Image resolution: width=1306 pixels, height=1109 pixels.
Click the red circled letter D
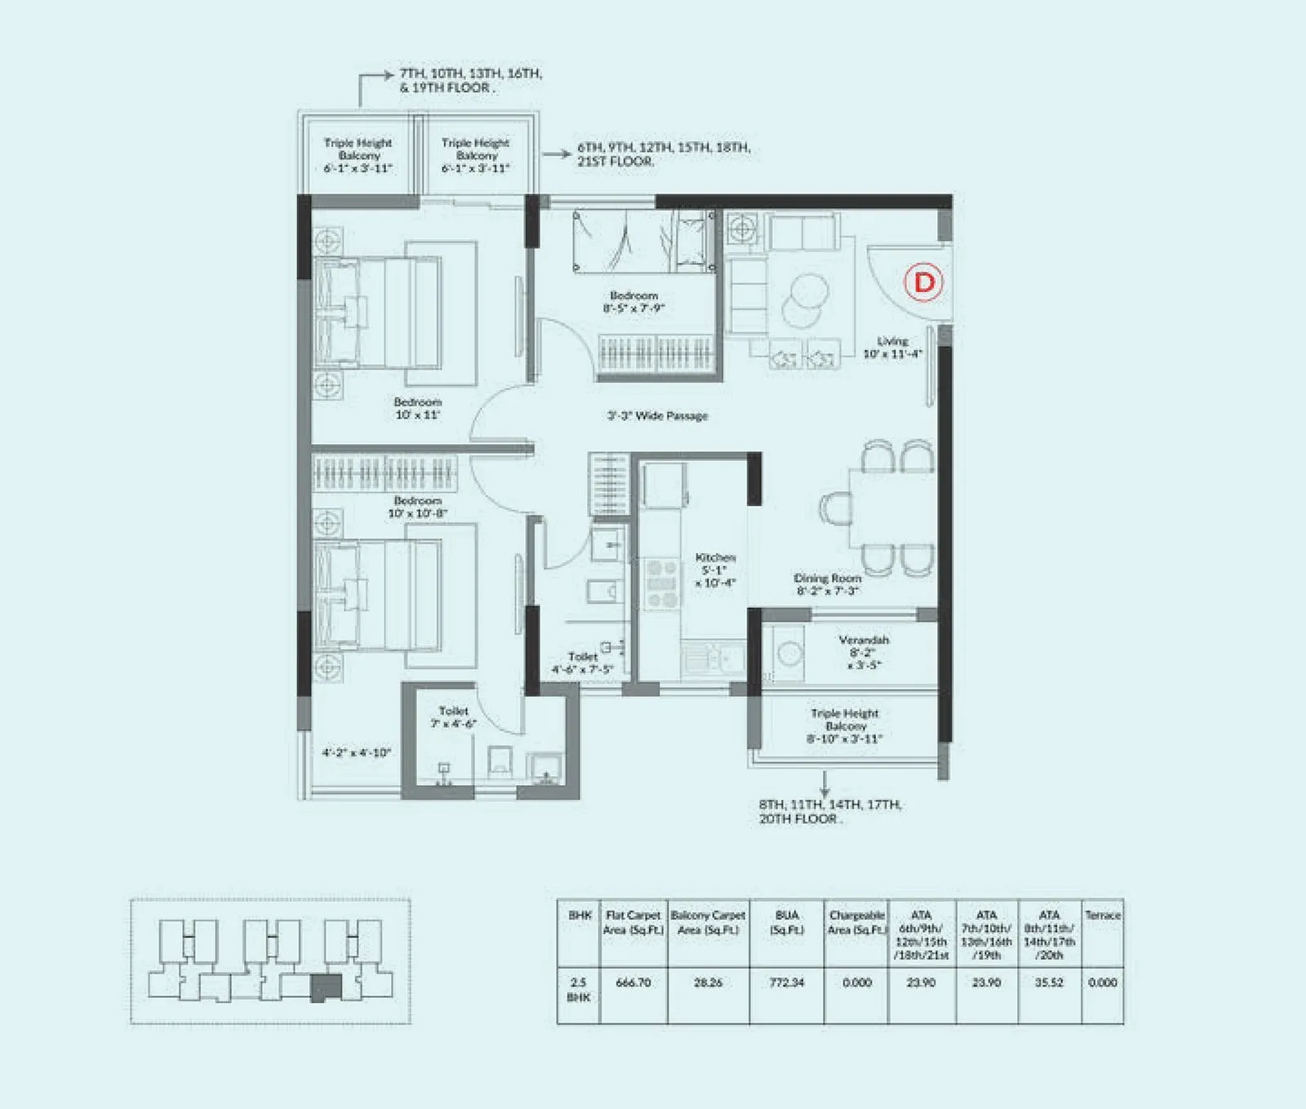tap(923, 282)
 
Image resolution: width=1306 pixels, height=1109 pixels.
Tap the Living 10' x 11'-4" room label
tap(892, 348)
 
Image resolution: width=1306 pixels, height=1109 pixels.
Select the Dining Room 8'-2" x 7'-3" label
tap(828, 583)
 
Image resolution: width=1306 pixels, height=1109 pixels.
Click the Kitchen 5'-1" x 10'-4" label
tap(715, 570)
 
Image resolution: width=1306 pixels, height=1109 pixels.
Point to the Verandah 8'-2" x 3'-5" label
tap(864, 652)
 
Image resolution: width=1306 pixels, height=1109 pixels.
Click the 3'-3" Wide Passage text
tap(657, 415)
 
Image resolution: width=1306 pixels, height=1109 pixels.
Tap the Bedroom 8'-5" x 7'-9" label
tap(633, 302)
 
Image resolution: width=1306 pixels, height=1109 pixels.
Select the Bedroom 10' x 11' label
tap(417, 408)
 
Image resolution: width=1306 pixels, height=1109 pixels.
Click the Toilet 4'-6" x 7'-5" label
tap(582, 663)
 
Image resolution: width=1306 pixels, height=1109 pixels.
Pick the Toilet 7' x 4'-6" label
tap(453, 717)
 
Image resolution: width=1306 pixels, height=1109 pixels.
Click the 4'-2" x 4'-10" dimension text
tap(356, 752)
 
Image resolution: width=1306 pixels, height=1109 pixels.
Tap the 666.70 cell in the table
tap(633, 983)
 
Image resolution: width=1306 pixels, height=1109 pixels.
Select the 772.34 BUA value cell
tap(786, 983)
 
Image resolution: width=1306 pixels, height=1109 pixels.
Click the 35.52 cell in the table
tap(1049, 983)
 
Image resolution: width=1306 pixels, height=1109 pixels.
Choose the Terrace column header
tap(1102, 916)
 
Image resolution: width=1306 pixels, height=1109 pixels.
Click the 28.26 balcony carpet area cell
tap(708, 983)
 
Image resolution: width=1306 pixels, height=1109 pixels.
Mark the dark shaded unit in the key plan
tap(326, 988)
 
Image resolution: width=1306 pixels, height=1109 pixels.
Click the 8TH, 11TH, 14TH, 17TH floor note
tap(829, 811)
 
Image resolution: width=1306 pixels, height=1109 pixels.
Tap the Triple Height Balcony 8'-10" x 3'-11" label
tap(845, 725)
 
